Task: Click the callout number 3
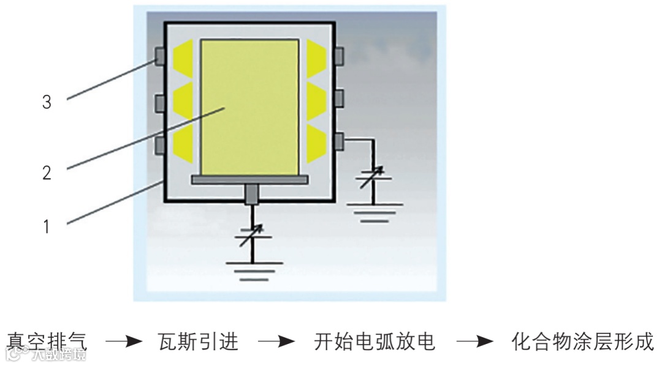coord(47,102)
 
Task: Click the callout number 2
coord(47,172)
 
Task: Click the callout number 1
coord(47,226)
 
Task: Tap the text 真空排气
coord(48,341)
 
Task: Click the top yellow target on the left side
coord(183,56)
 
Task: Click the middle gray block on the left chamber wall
coord(160,101)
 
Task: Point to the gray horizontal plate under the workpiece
coord(250,179)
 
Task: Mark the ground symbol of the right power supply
coord(373,211)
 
